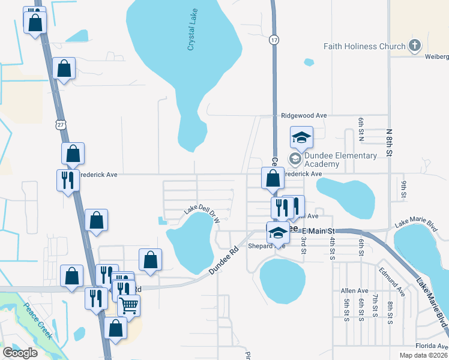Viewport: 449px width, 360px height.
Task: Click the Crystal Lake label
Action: click(192, 33)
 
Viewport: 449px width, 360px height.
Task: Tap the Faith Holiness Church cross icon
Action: click(414, 46)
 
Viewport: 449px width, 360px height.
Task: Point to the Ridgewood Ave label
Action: click(304, 115)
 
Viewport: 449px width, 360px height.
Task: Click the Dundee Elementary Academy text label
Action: click(340, 160)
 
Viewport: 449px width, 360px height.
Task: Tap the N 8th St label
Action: click(389, 143)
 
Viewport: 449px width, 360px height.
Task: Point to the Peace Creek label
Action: click(37, 321)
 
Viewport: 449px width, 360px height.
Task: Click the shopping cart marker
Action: click(129, 305)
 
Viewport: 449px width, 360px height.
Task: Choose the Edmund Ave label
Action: click(392, 282)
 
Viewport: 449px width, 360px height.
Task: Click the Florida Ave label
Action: click(432, 346)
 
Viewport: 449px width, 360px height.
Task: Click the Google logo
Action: click(20, 353)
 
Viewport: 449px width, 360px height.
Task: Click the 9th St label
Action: click(404, 188)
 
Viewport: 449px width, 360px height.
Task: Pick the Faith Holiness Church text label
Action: click(364, 46)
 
